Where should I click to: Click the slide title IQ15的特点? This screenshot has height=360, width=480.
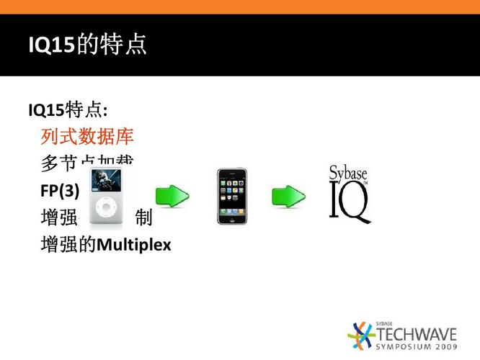[87, 45]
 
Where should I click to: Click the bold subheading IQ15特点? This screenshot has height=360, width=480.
[68, 110]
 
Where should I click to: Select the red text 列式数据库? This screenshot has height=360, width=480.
[87, 136]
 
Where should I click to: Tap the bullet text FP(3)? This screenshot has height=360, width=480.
[61, 190]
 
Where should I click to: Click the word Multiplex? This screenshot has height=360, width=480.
[134, 245]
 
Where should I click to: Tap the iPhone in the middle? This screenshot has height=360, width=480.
[231, 196]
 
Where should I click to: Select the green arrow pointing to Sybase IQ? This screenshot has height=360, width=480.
[288, 195]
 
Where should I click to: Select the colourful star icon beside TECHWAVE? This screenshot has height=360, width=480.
[361, 336]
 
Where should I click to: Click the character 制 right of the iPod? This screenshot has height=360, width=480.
[143, 217]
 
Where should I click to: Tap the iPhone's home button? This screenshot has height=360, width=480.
[231, 219]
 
